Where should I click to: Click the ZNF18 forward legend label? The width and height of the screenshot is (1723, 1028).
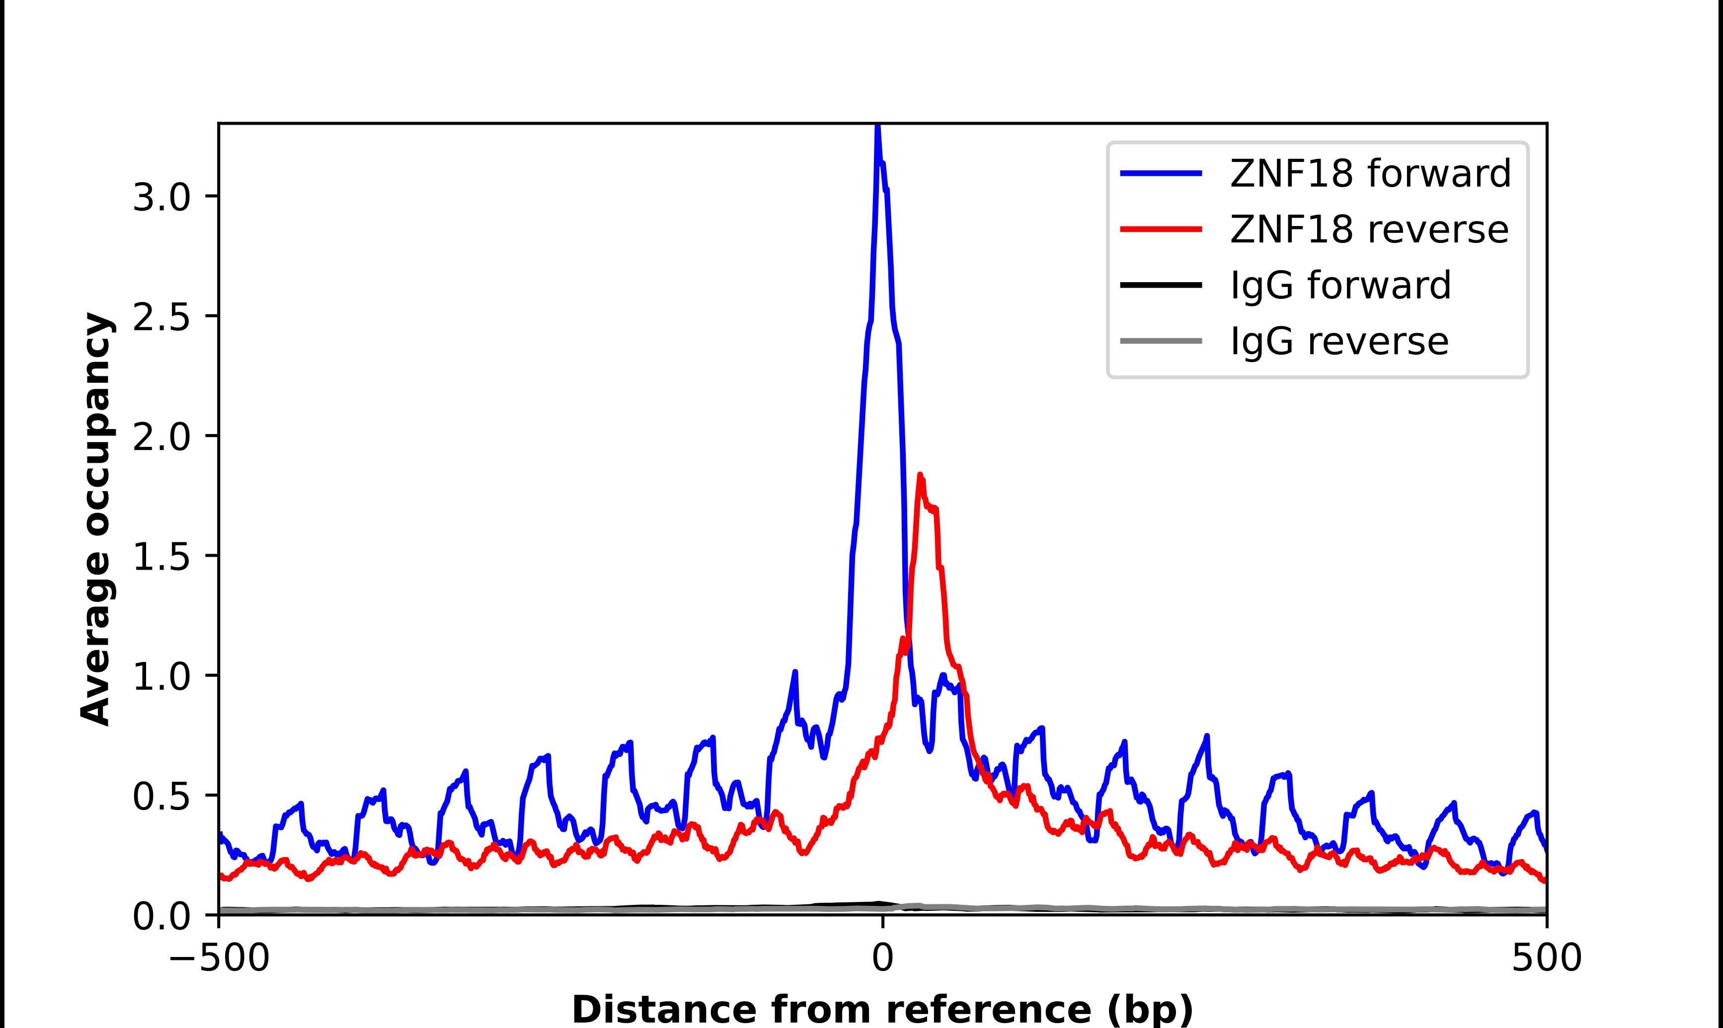(x=1370, y=173)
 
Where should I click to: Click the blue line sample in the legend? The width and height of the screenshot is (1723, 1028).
(x=1161, y=173)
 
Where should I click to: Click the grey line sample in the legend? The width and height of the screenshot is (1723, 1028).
(x=1161, y=341)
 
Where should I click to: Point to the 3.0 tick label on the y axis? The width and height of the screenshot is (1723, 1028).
(x=161, y=198)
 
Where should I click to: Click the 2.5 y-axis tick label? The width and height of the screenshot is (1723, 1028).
(x=161, y=318)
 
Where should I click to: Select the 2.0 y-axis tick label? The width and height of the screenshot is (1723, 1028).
(x=161, y=438)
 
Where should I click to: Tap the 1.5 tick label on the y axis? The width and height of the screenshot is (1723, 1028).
(x=161, y=558)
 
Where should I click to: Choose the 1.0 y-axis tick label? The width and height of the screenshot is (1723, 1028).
(x=161, y=677)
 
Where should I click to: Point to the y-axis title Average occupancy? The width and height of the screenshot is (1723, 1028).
(x=95, y=519)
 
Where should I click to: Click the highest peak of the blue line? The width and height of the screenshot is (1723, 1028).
(x=877, y=127)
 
